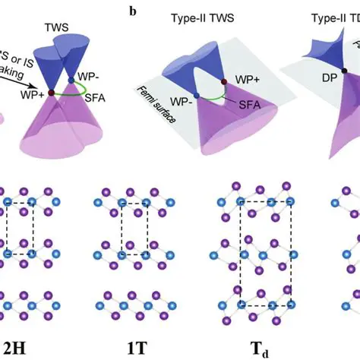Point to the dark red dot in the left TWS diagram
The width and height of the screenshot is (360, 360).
point(51,93)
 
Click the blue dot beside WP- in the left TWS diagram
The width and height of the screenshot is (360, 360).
point(71,79)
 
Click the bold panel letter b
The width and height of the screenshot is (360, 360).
point(134,13)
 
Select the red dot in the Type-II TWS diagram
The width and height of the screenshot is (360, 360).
point(223,81)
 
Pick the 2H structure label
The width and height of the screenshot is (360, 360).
point(17,349)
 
